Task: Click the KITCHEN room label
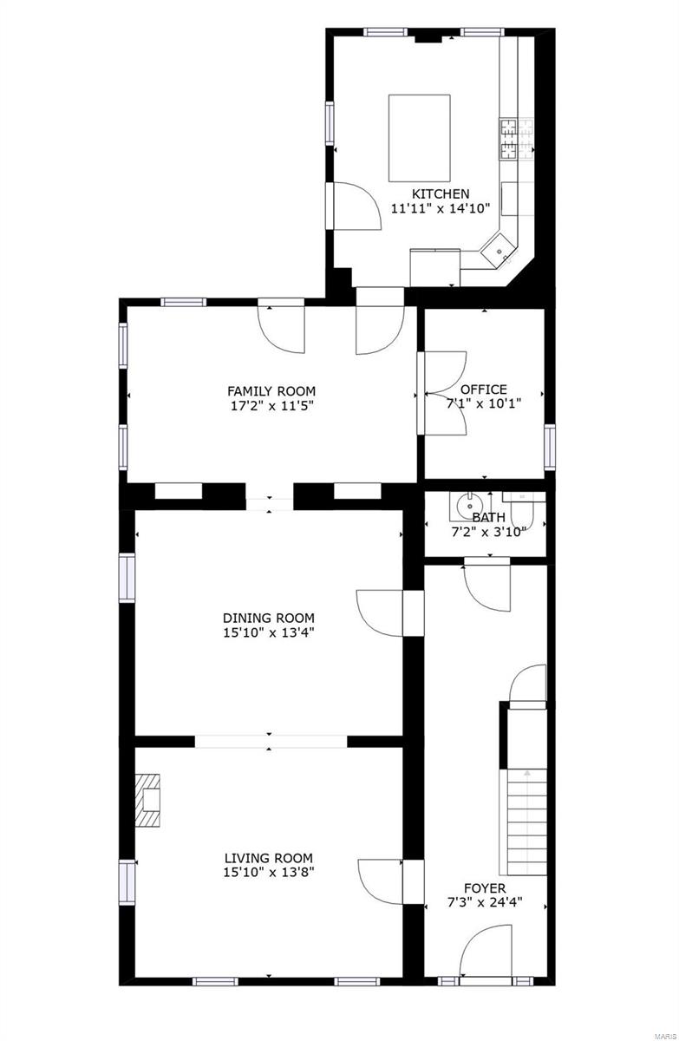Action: pos(441,193)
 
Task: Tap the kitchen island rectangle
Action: pos(419,135)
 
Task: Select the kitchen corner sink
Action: pos(499,252)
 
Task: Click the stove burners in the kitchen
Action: pos(508,140)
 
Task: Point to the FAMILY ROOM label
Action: pos(271,390)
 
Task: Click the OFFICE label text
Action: pos(483,390)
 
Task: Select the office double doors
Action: pos(444,393)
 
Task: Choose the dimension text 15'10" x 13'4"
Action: pos(268,632)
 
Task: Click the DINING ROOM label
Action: pos(268,618)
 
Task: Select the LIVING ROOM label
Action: pos(268,858)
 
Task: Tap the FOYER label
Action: pos(485,887)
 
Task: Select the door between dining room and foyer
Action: pos(380,613)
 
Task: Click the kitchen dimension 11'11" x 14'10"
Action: pos(441,208)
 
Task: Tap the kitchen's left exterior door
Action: pos(355,206)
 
